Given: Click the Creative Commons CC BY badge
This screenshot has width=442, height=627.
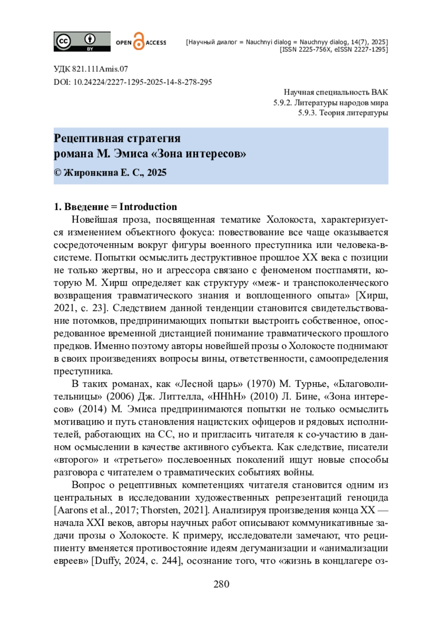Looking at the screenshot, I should coord(82,41).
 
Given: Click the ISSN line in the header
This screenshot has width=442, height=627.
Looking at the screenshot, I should coord(333,49).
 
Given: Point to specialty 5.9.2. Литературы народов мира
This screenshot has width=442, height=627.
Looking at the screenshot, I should coord(330,103).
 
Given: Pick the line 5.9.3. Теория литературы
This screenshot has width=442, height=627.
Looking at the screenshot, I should coord(343,113).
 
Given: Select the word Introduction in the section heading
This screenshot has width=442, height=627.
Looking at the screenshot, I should coord(148,207).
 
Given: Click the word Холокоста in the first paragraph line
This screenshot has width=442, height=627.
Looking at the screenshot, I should coord(291,220).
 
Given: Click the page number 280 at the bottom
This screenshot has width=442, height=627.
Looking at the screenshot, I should coord(221,584).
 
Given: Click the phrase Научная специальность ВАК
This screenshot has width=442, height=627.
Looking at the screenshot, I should coord(336,92).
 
